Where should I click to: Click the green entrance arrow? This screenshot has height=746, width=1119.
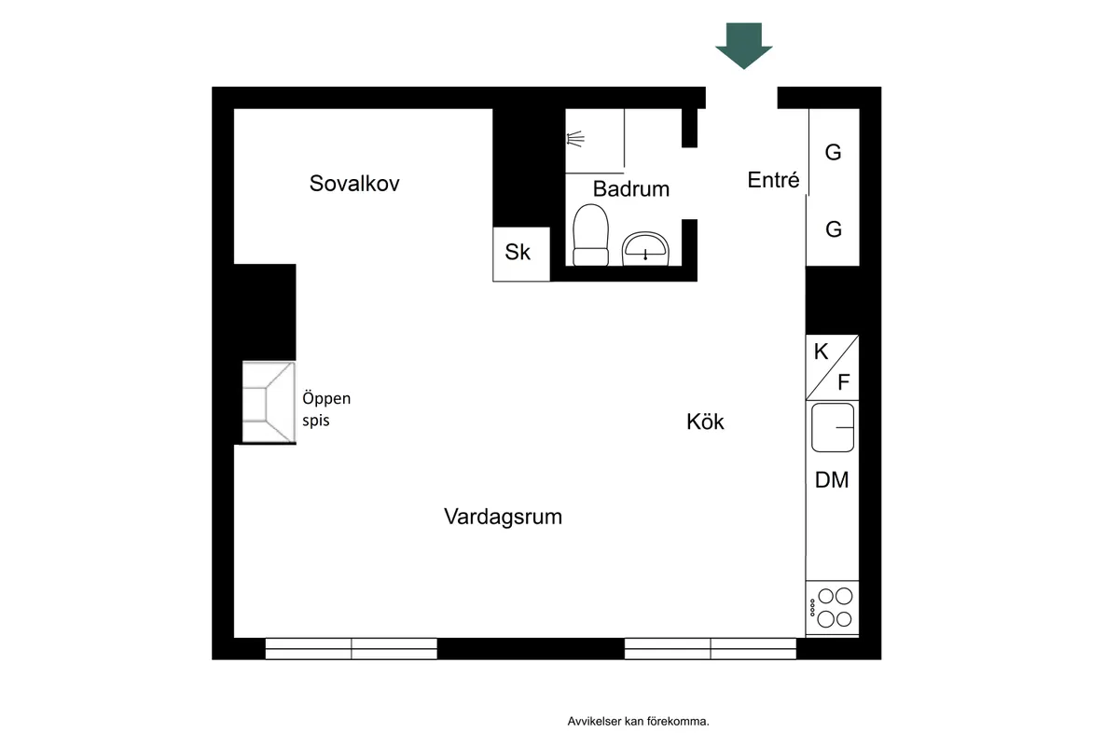click(744, 46)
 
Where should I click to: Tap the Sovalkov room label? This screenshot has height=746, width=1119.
click(354, 184)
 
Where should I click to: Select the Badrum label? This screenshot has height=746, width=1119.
click(631, 189)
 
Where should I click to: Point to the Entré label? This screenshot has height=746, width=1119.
click(773, 180)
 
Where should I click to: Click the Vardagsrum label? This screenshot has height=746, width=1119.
click(503, 517)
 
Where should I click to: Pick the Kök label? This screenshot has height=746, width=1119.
click(705, 421)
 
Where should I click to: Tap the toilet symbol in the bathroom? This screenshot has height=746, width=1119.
click(590, 235)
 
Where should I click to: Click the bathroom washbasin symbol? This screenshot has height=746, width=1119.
click(645, 248)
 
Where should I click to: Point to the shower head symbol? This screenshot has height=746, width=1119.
click(575, 138)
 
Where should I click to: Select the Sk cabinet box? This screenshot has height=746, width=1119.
click(521, 255)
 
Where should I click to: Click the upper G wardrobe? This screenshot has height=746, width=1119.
click(834, 152)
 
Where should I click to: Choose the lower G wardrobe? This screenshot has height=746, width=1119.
click(833, 229)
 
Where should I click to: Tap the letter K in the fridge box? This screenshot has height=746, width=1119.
click(821, 352)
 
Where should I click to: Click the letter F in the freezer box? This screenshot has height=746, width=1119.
click(844, 382)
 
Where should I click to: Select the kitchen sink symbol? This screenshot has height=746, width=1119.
click(832, 428)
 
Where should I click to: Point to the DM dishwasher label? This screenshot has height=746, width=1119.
click(832, 480)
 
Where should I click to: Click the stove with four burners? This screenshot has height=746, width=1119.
click(832, 608)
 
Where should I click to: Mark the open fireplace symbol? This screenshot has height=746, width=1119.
click(269, 402)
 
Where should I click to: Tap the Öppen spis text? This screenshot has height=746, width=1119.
click(326, 409)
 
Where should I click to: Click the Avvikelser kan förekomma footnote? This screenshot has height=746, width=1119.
click(638, 721)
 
